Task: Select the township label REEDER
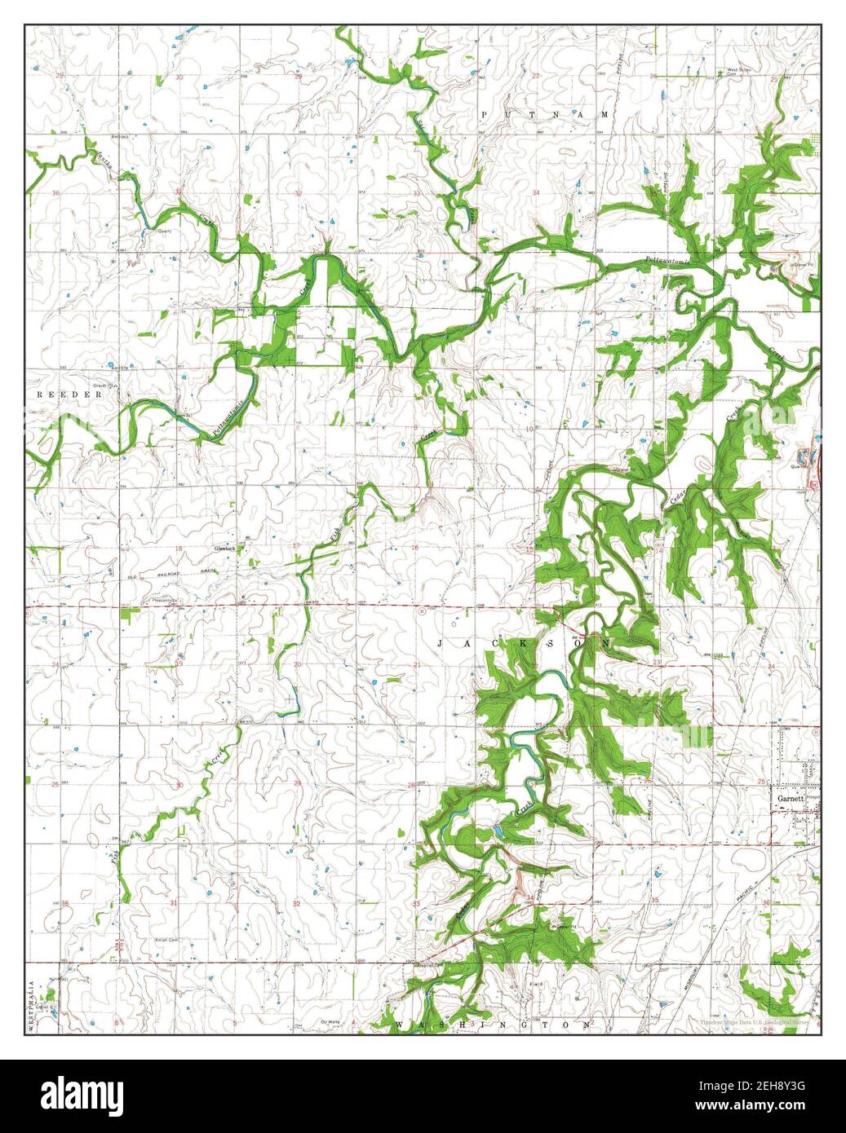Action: tap(70, 395)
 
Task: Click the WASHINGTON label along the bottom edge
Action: tap(494, 1023)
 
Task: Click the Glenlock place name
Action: tap(224, 549)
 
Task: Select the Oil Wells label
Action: tap(330, 1021)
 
